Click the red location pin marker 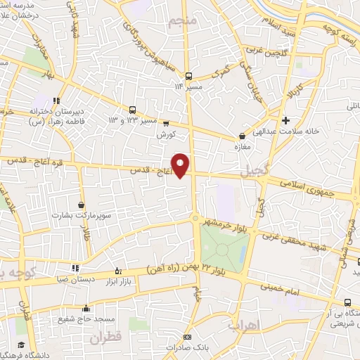[181, 165]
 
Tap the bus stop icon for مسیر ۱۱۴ [188, 75]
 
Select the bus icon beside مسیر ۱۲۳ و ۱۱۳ [132, 109]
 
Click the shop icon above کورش [166, 123]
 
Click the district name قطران [105, 337]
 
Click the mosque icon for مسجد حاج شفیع [86, 308]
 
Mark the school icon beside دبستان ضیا [76, 267]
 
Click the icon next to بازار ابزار [118, 271]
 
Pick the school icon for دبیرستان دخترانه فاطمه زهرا [56, 100]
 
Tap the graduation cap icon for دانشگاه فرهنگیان [21, 345]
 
